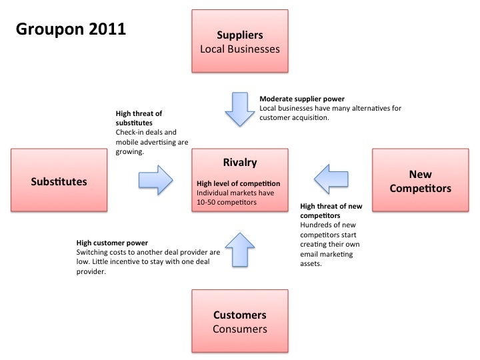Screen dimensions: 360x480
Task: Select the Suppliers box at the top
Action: tap(240, 41)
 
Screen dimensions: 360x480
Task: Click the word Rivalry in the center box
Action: tap(240, 162)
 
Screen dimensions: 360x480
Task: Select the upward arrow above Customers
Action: tap(240, 249)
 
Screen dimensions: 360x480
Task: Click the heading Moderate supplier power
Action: tap(302, 99)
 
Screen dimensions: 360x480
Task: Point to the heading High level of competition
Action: tap(239, 183)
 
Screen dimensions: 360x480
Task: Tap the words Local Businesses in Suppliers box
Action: tap(240, 49)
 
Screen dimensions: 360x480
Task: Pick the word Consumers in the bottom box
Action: tap(240, 329)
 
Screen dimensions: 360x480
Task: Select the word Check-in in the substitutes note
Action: tap(130, 132)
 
